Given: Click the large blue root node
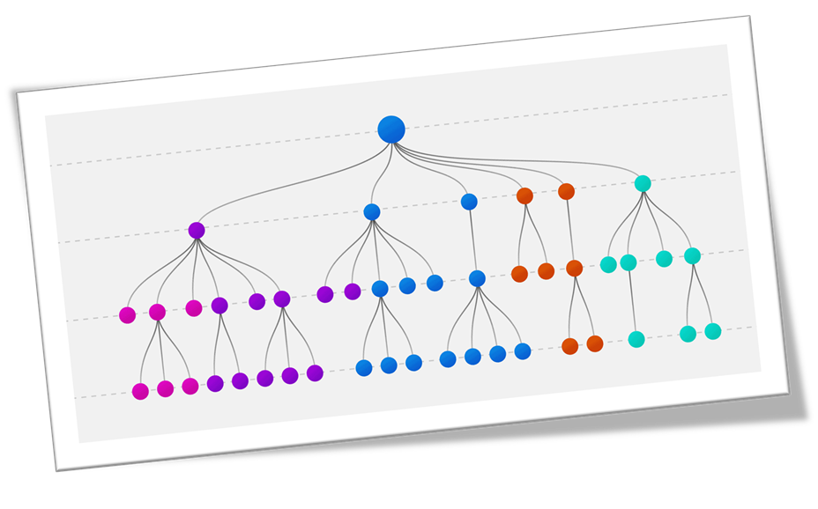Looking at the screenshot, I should tap(391, 129).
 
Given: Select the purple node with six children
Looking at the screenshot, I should tap(197, 231).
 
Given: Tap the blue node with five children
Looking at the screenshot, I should tap(372, 212).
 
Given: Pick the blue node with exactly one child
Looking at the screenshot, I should tap(469, 202).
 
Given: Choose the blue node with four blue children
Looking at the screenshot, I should tap(477, 278).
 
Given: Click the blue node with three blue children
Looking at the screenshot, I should tap(380, 289).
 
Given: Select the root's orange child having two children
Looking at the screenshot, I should tap(524, 195).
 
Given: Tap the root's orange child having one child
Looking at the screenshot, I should tap(566, 191).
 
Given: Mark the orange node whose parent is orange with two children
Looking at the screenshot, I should tap(574, 269).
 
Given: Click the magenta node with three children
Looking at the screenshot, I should tap(157, 312).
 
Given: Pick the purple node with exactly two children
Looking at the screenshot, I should tap(219, 306).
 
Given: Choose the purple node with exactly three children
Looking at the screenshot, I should tap(282, 299).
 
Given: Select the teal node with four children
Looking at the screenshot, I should tap(643, 184).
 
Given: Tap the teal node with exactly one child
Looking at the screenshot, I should tap(628, 262).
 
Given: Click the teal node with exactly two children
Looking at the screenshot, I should tap(692, 256).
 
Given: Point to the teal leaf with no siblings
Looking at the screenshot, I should tap(636, 339).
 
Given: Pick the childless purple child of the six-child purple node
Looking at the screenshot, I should tap(257, 302).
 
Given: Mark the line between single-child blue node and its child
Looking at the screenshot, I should tap(472, 240).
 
